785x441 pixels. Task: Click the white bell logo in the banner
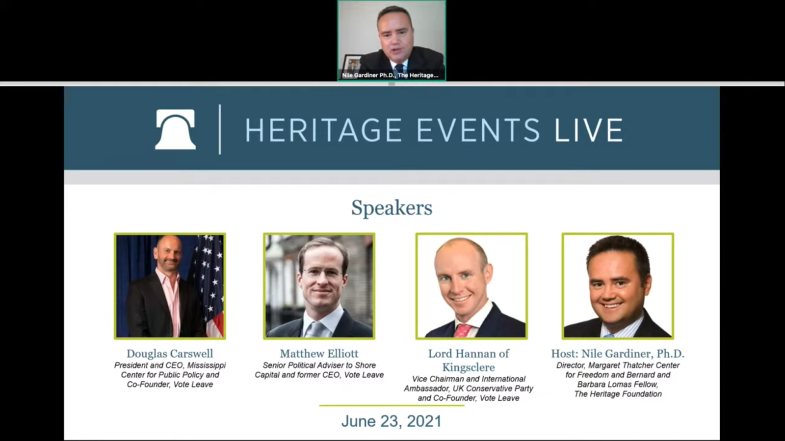pyautogui.click(x=175, y=129)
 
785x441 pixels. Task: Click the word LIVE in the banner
pyautogui.click(x=589, y=130)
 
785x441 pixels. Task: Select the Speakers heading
pyautogui.click(x=392, y=208)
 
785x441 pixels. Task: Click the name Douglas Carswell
pyautogui.click(x=170, y=353)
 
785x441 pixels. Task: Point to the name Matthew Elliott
pyautogui.click(x=319, y=353)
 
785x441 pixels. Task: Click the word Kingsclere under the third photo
pyautogui.click(x=469, y=367)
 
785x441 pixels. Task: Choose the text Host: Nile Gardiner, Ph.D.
pyautogui.click(x=618, y=353)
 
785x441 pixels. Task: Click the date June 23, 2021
pyautogui.click(x=392, y=421)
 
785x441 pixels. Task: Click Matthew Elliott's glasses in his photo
pyautogui.click(x=322, y=273)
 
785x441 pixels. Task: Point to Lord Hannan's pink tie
pyautogui.click(x=463, y=330)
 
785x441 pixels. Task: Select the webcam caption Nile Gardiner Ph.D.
pyautogui.click(x=368, y=75)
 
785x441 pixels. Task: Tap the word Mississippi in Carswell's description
pyautogui.click(x=206, y=366)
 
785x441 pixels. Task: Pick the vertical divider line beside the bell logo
pyautogui.click(x=220, y=129)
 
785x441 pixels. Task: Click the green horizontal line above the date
pyautogui.click(x=392, y=406)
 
